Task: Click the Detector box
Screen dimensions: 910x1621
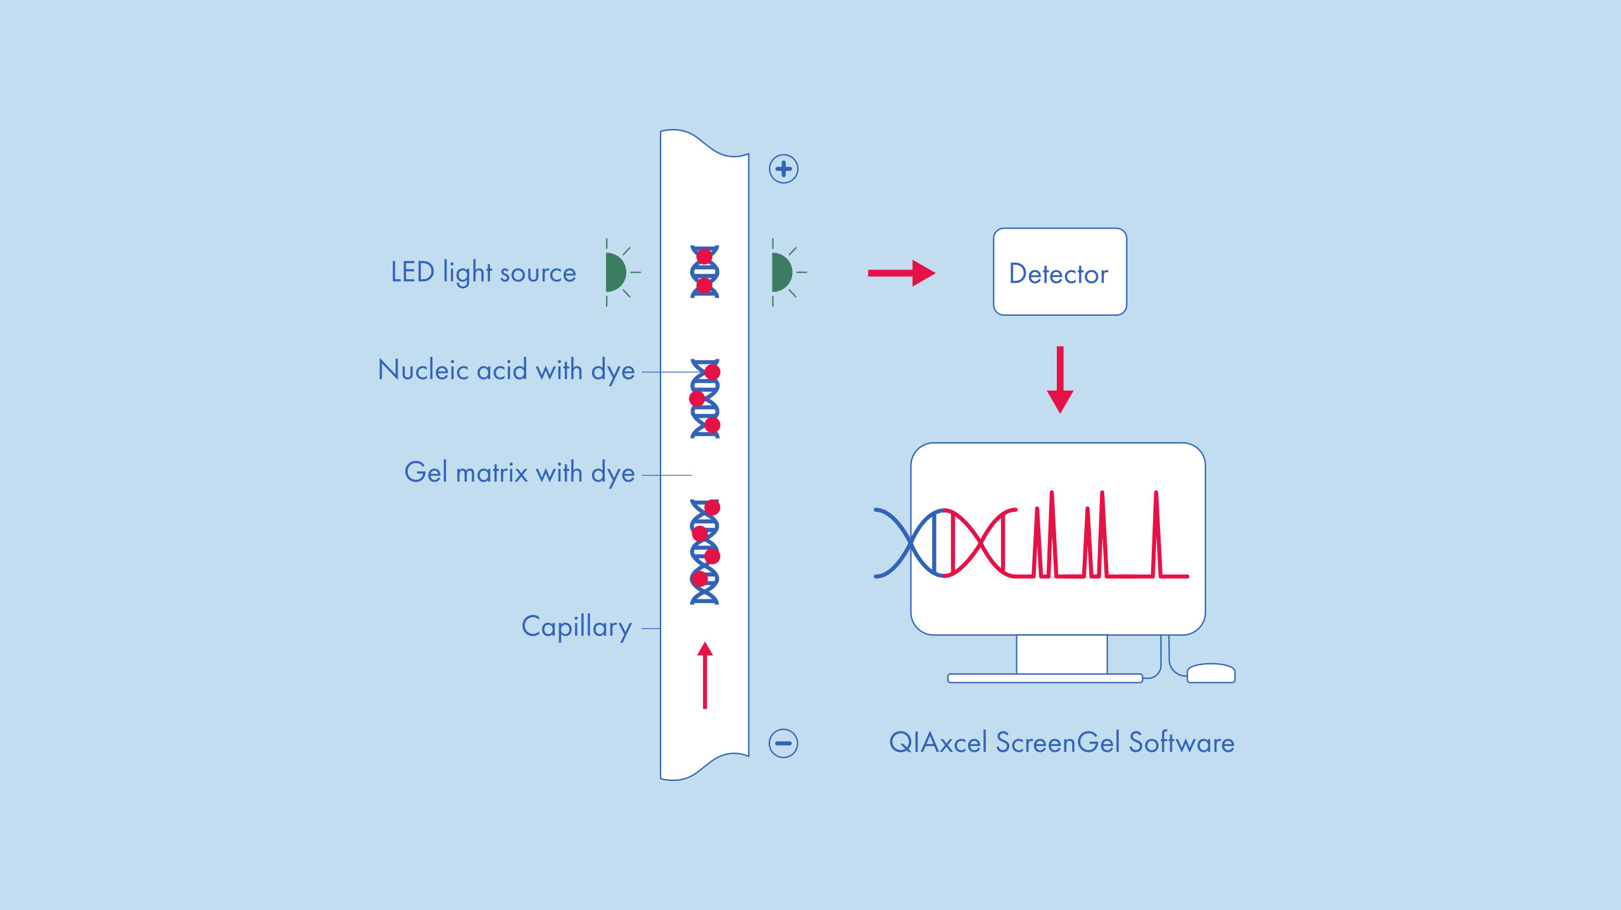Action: pyautogui.click(x=1059, y=272)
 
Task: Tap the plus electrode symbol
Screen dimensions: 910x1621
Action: pyautogui.click(x=783, y=169)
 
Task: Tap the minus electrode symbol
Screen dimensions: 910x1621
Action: pyautogui.click(x=783, y=743)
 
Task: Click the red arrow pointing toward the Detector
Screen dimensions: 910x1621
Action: pyautogui.click(x=901, y=273)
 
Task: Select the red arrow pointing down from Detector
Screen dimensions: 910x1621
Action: pyautogui.click(x=1059, y=380)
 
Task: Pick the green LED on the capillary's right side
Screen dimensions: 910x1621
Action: pyautogui.click(x=781, y=272)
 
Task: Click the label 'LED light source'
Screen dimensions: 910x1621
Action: pyautogui.click(x=483, y=272)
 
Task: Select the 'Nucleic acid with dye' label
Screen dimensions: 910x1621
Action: pyautogui.click(x=506, y=370)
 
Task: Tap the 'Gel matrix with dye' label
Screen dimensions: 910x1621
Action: pyautogui.click(x=519, y=473)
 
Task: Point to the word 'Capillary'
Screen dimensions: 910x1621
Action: pyautogui.click(x=576, y=626)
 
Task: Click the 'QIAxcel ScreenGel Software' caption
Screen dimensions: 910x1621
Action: pyautogui.click(x=1061, y=742)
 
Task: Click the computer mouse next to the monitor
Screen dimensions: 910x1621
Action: pyautogui.click(x=1211, y=673)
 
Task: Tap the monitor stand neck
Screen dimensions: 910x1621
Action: pyautogui.click(x=1061, y=654)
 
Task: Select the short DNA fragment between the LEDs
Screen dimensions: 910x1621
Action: pyautogui.click(x=704, y=271)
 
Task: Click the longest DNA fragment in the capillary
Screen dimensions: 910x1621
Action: pyautogui.click(x=704, y=552)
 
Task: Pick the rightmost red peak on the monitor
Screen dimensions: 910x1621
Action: pyautogui.click(x=1156, y=535)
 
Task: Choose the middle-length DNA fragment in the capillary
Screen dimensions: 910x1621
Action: pyautogui.click(x=705, y=399)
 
